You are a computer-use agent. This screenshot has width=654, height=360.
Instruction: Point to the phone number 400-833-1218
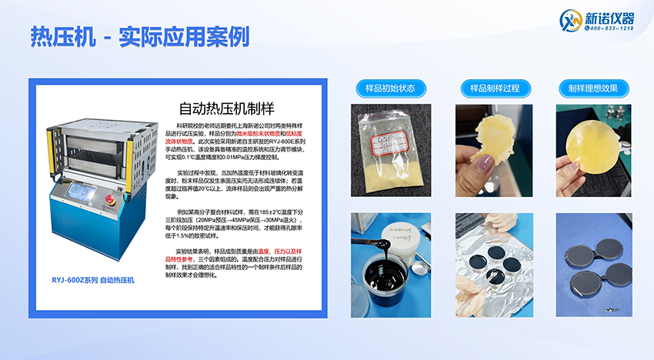(611, 28)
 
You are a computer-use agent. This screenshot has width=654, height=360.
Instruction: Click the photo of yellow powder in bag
(383, 150)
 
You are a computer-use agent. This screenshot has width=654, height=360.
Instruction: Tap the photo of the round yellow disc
(593, 150)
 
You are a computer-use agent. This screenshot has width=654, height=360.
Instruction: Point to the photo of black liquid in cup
(383, 254)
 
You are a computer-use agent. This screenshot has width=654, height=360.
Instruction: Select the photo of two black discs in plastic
(593, 254)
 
